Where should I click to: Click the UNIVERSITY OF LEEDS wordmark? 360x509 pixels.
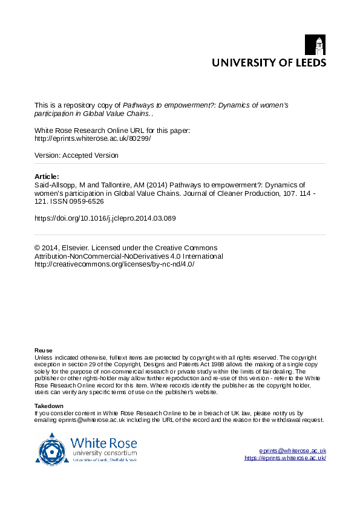tap(268, 62)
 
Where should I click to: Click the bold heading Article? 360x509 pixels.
tap(47, 177)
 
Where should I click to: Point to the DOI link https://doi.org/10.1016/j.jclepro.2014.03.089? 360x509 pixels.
tap(105, 218)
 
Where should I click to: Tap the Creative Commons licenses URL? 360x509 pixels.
tap(114, 264)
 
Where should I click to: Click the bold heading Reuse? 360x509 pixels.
tap(43, 351)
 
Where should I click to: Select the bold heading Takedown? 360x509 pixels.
tap(48, 406)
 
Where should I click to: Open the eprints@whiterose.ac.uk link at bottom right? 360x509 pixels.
tap(292, 451)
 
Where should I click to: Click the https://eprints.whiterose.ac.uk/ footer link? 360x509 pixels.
tap(285, 458)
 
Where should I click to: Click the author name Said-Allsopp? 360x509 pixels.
tap(54, 185)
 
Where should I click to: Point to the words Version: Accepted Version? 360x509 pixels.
tap(76, 155)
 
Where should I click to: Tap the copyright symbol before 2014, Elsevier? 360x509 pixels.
tap(38, 248)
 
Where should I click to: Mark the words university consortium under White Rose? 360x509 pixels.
tap(104, 452)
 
